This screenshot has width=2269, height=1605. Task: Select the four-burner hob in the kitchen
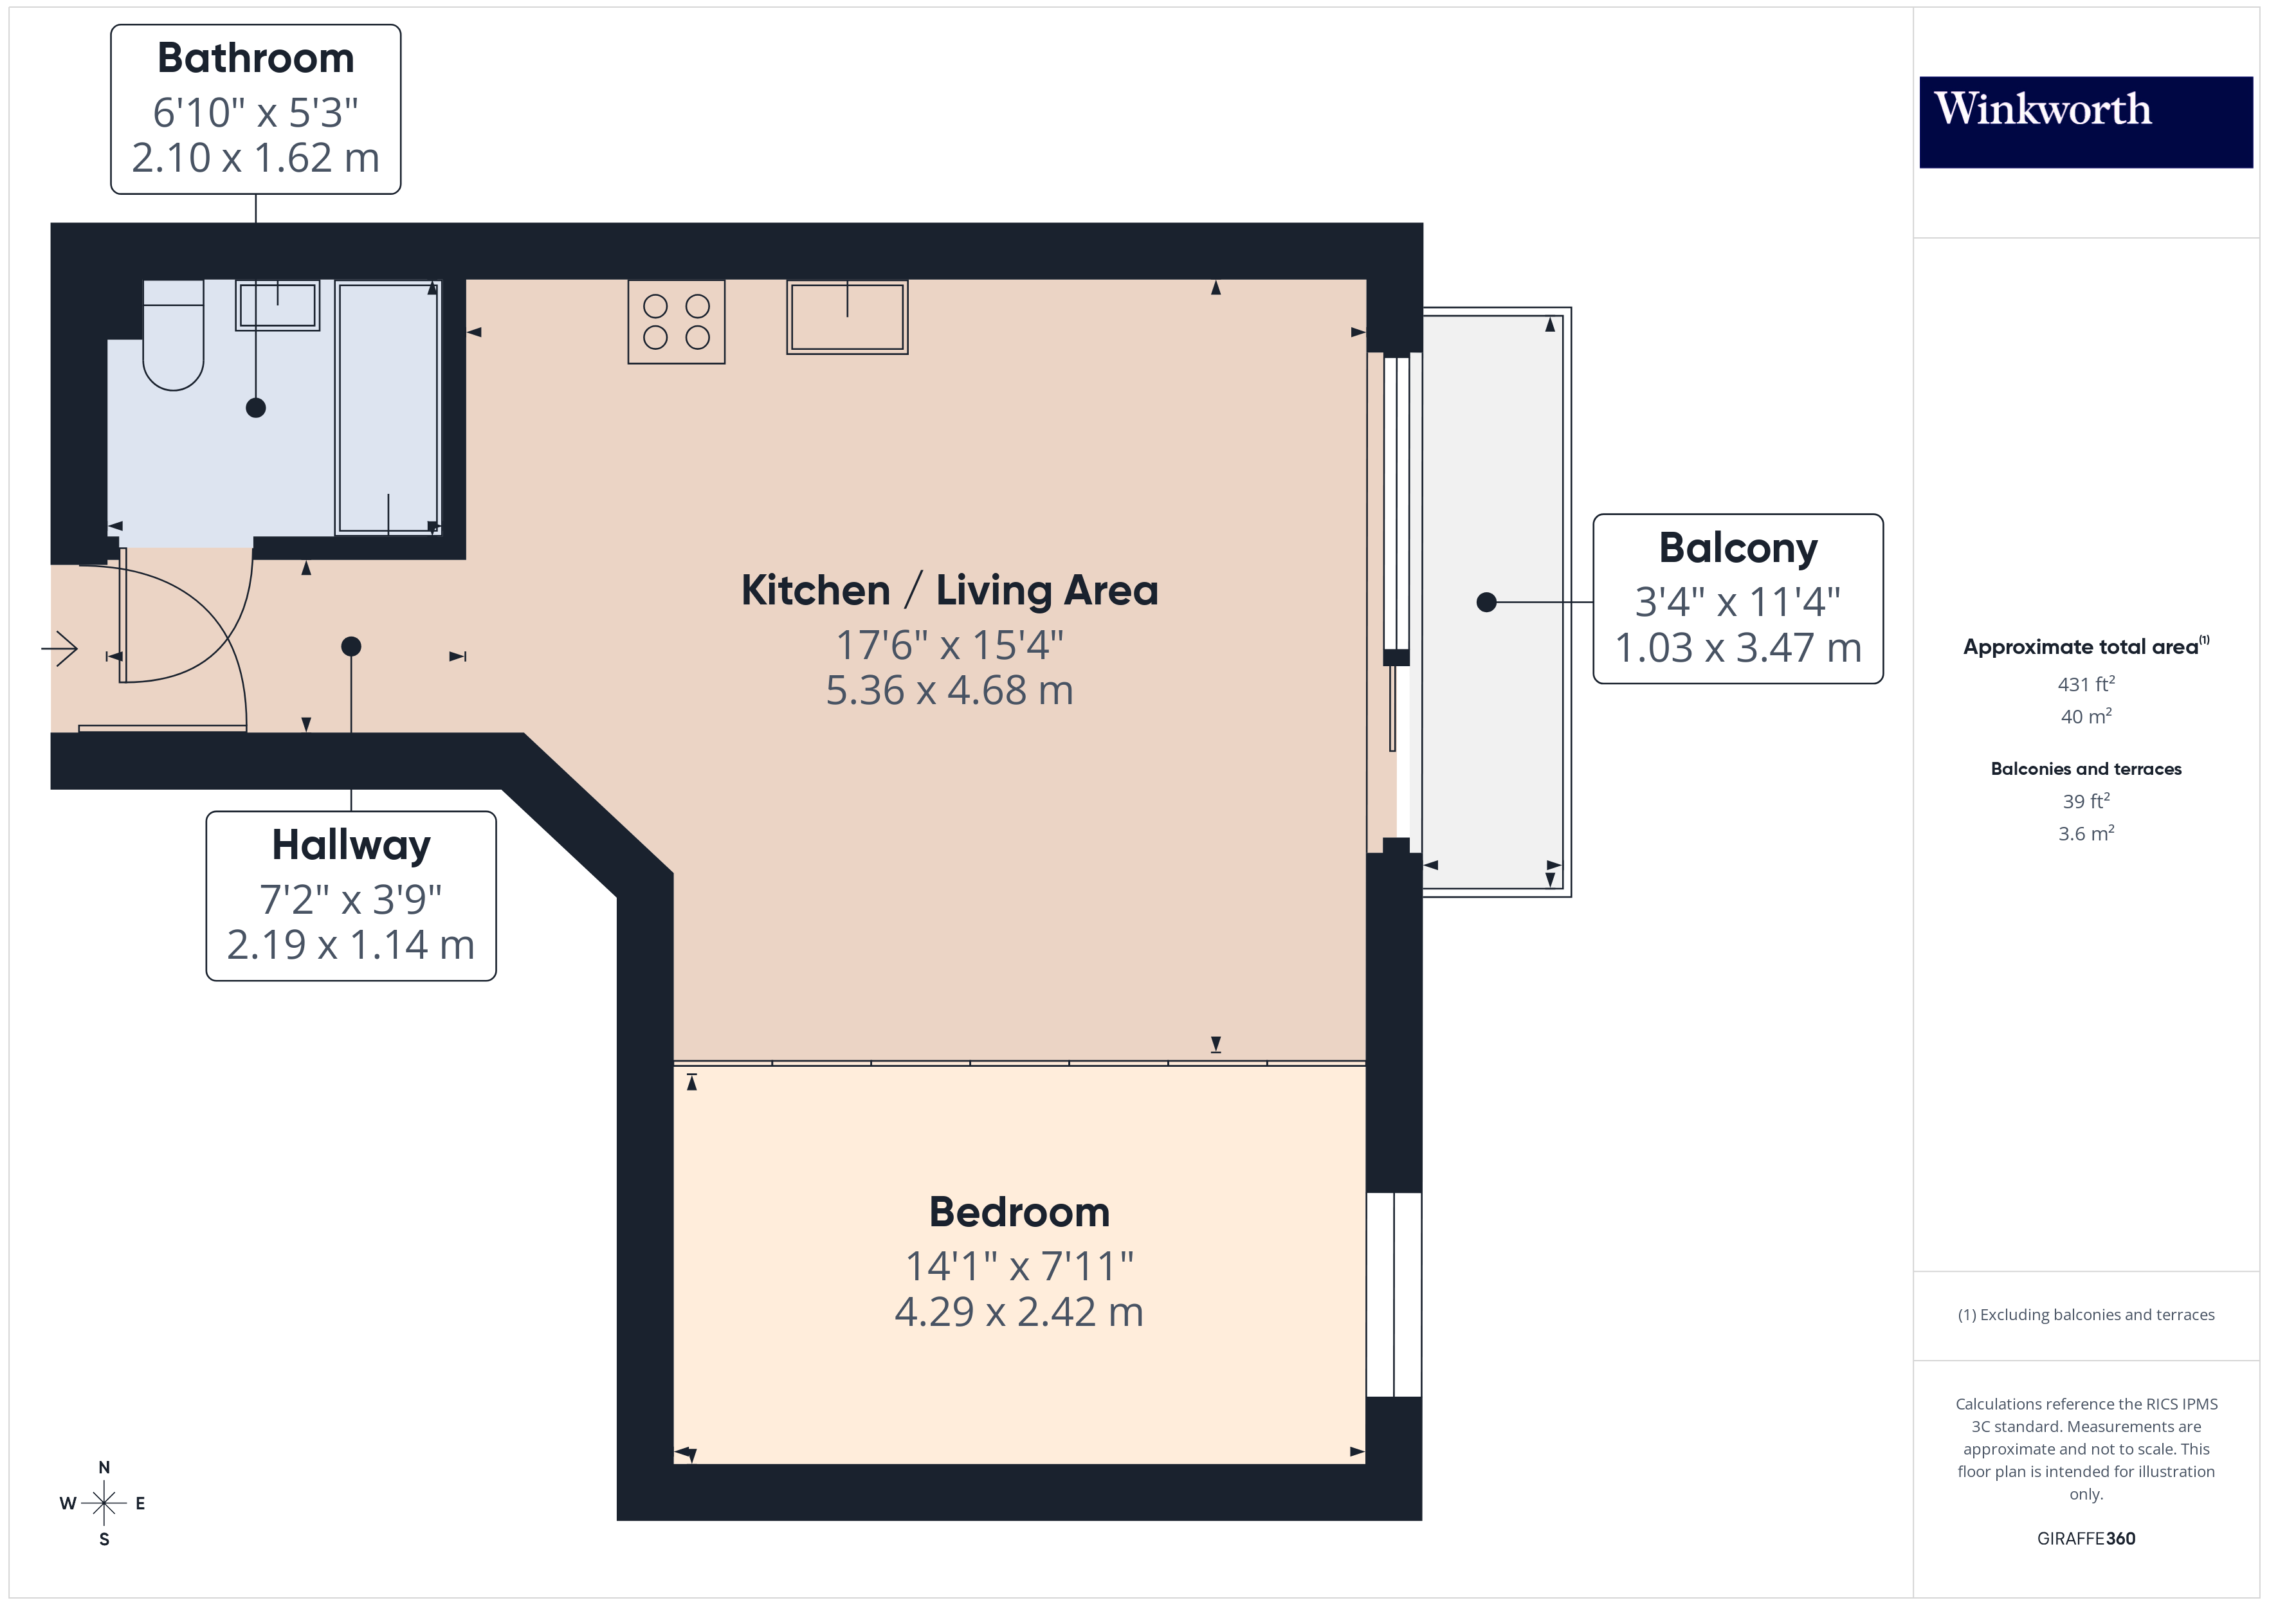(676, 322)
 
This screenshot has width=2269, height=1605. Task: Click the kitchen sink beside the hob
(847, 317)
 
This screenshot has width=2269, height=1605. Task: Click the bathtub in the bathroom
(387, 407)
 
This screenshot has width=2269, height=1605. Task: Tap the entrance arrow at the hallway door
(60, 649)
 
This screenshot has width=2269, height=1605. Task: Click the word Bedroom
(1019, 1211)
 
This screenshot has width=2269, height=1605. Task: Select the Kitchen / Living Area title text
(949, 590)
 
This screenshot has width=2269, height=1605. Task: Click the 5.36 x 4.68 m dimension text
(949, 690)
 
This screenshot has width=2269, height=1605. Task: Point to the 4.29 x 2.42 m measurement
(1019, 1312)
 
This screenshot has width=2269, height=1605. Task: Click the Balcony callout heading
(1737, 547)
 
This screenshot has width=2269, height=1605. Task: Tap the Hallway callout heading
(351, 845)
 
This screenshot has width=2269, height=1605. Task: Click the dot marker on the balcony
(1486, 602)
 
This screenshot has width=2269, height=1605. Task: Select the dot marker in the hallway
(351, 646)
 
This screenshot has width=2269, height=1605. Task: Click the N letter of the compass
(104, 1467)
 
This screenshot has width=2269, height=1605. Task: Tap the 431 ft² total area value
(2085, 684)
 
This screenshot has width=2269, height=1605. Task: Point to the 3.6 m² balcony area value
(2085, 833)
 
